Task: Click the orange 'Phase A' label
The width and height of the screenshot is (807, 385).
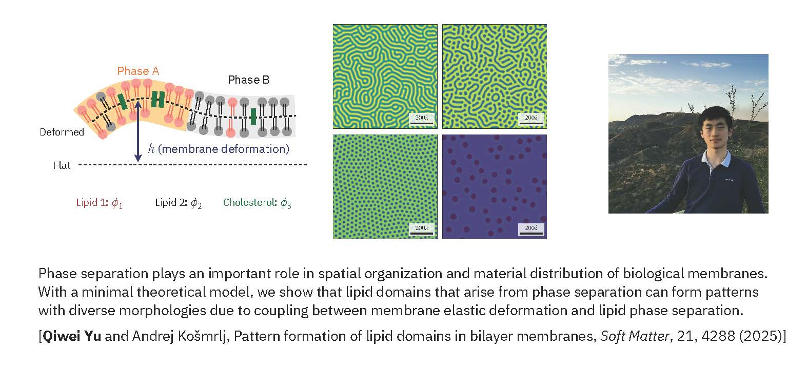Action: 138,71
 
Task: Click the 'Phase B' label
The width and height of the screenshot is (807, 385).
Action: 248,80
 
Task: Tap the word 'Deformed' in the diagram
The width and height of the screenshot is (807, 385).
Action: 62,132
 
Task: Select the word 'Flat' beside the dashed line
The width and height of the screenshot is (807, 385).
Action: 62,165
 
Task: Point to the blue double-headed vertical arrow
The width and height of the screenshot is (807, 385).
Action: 137,131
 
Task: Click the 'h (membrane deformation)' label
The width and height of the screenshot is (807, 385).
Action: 219,149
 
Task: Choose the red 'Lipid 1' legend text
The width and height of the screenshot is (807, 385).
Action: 99,203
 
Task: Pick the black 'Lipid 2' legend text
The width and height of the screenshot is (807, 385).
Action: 178,203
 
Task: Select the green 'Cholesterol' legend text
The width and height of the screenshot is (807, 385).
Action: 257,203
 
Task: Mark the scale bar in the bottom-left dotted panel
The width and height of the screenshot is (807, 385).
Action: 421,233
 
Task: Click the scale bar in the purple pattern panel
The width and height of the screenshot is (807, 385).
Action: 531,233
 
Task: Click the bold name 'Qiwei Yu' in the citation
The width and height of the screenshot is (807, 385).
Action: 72,336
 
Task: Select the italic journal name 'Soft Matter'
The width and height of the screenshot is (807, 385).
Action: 635,336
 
